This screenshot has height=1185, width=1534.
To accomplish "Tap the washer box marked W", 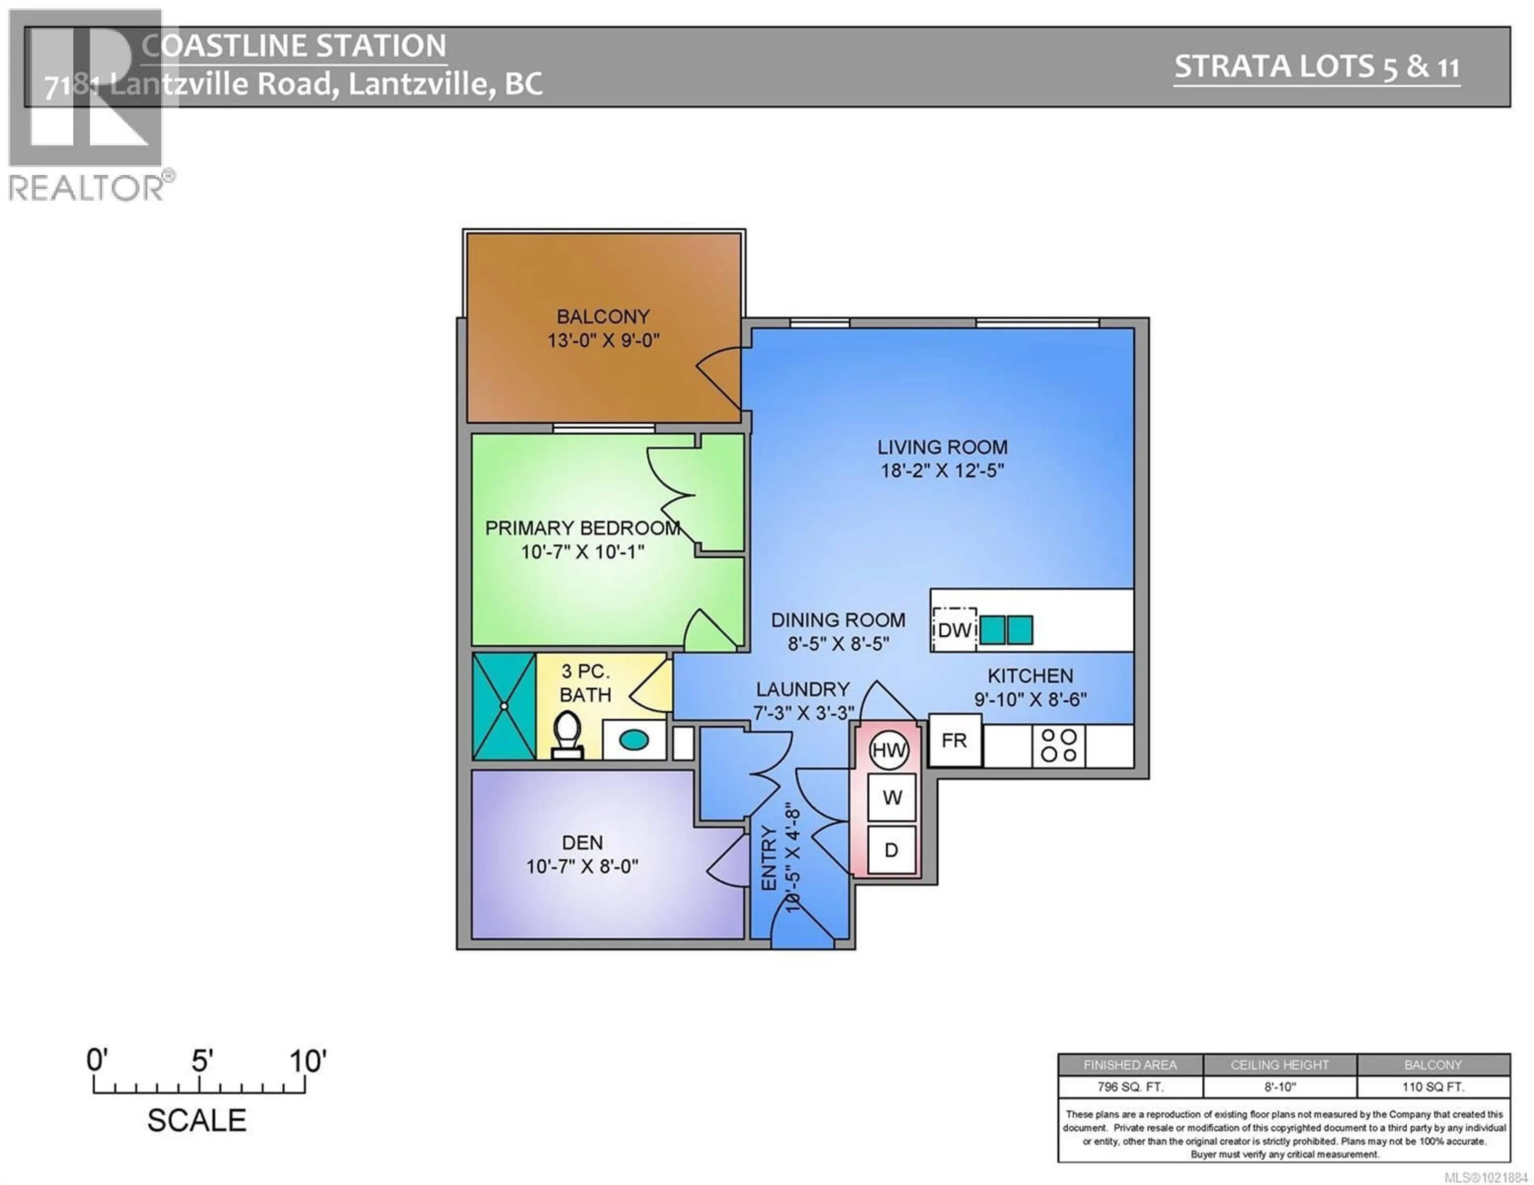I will (x=891, y=797).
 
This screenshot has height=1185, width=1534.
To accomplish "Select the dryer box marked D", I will (x=890, y=850).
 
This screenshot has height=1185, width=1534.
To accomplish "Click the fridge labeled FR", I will (x=954, y=740).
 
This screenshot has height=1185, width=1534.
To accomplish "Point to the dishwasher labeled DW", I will (x=954, y=629).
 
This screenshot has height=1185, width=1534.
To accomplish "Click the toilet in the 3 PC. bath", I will (x=567, y=735).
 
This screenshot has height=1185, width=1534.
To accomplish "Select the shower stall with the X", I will (x=504, y=706).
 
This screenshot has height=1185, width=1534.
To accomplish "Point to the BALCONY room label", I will (x=603, y=317).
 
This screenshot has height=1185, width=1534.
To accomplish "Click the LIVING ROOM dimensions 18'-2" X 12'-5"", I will (x=943, y=470).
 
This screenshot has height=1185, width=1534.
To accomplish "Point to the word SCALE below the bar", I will (x=197, y=1120).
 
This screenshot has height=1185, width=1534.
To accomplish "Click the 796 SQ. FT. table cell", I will (x=1130, y=1087).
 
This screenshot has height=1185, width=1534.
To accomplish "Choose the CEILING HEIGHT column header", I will (x=1279, y=1065).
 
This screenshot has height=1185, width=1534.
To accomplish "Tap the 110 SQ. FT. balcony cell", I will (x=1433, y=1087).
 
